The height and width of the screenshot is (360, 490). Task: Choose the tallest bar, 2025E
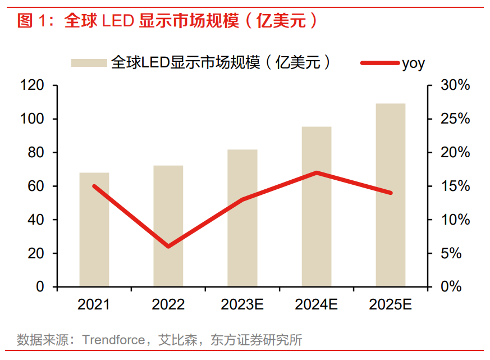click(390, 197)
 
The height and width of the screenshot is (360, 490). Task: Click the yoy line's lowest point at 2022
click(168, 247)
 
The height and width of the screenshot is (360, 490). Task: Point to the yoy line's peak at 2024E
click(317, 172)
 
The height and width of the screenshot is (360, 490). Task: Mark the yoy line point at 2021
click(94, 186)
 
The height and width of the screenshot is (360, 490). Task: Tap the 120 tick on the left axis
click(32, 85)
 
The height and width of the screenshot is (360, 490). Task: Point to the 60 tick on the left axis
click(36, 186)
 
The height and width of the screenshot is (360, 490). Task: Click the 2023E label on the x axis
click(242, 305)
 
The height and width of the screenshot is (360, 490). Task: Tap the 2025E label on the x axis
click(390, 305)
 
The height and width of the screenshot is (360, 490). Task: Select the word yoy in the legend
click(413, 63)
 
